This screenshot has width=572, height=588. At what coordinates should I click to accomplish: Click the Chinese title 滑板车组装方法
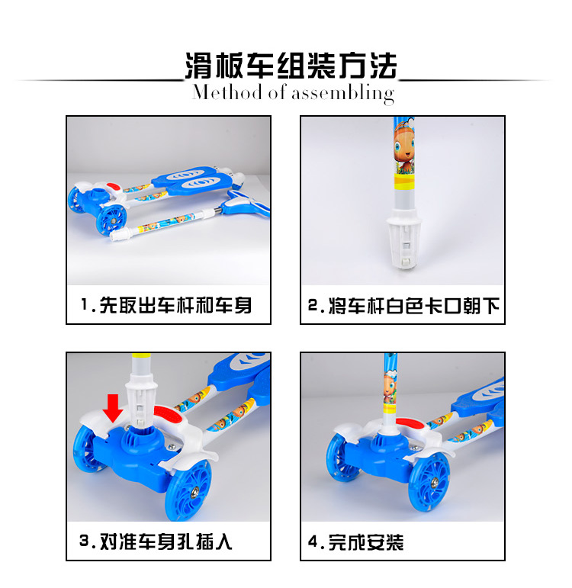pos(291,66)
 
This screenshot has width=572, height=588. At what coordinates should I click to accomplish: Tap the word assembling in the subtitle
pos(343,93)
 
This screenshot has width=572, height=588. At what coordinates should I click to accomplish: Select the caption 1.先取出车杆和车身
pos(166,305)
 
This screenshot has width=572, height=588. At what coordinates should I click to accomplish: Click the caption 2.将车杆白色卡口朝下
pos(403,306)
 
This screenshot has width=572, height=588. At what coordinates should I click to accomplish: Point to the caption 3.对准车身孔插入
pos(156,541)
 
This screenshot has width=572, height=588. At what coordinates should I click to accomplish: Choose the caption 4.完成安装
pos(355,542)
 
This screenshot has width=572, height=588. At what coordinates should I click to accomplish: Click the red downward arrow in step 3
pos(113,408)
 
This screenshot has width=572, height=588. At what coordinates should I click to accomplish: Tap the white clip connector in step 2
pos(404,238)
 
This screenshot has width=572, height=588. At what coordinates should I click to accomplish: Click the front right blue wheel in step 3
pos(188,490)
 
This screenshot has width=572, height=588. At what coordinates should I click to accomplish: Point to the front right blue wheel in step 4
pos(429,482)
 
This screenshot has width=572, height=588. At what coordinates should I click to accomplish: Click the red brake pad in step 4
pos(409,423)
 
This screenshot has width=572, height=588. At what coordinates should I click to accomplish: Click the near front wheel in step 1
pos(111,220)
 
